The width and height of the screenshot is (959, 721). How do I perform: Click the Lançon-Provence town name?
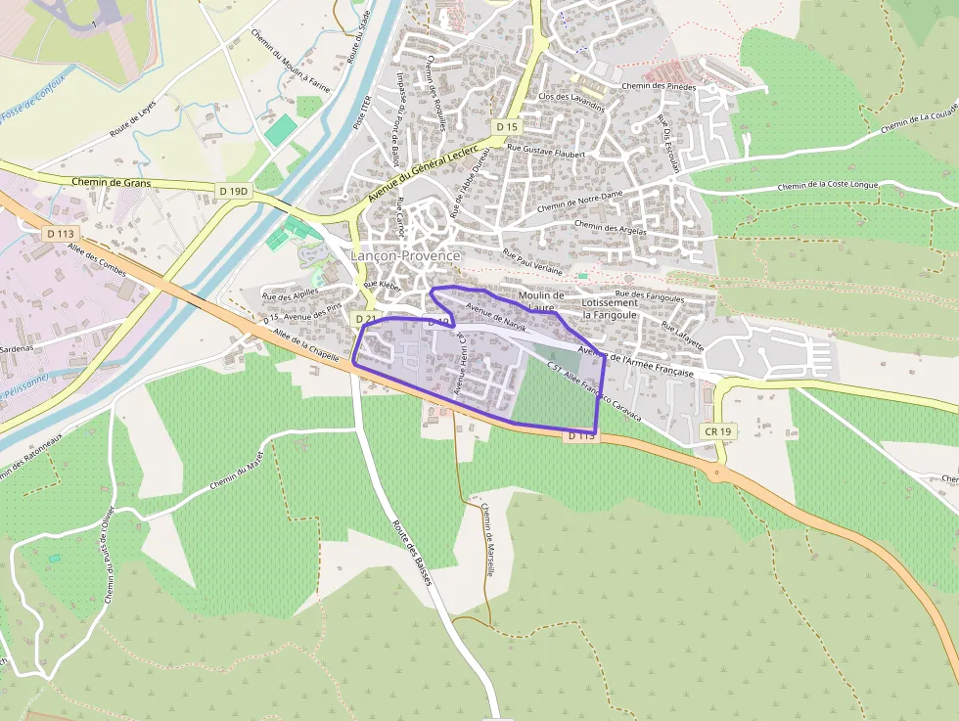(405, 255)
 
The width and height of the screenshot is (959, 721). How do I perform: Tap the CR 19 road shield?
(718, 430)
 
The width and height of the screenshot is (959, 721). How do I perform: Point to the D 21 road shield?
(366, 319)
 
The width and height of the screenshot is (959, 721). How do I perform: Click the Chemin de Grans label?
(112, 182)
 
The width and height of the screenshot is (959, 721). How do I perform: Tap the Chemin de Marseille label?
(487, 539)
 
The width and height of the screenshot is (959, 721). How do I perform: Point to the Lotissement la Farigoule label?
(610, 309)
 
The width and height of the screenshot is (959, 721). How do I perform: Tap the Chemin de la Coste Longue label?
(828, 185)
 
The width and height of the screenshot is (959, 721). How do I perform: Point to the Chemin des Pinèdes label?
(659, 86)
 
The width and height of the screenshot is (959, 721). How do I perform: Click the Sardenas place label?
(17, 347)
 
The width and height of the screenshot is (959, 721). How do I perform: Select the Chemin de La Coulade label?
(919, 119)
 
